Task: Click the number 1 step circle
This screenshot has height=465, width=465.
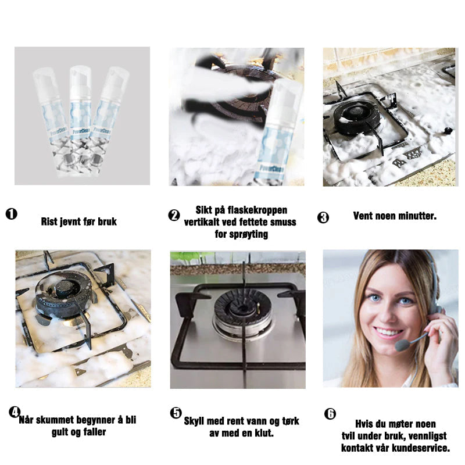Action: pos(12,214)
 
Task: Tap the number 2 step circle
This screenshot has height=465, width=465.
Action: pos(174,215)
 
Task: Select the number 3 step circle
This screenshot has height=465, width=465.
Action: pos(323,217)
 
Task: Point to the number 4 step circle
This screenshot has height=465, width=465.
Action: pos(15,412)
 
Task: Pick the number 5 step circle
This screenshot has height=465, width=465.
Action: pos(176,413)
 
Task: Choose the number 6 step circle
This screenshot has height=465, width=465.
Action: pos(330,413)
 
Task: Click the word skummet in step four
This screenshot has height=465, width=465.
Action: pos(55,420)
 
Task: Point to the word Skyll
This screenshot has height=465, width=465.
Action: pos(194,421)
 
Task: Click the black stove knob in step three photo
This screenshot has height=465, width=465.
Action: pos(448,130)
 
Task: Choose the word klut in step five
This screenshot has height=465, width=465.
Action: pos(264,433)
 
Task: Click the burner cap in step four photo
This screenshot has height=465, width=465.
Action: pos(65,288)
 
